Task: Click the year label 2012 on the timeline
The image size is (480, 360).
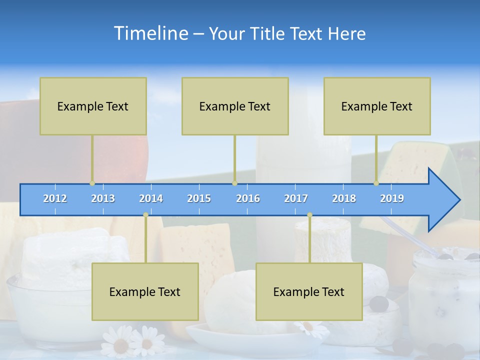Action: click(55, 198)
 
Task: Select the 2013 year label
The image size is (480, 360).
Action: click(103, 198)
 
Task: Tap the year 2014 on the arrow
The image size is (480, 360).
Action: click(151, 198)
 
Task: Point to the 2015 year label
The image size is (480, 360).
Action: click(199, 198)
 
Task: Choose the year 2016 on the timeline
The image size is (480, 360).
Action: click(248, 198)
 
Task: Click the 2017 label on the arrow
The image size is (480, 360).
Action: click(296, 198)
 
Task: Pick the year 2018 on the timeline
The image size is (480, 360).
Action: click(344, 198)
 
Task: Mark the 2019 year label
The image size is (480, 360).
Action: click(392, 198)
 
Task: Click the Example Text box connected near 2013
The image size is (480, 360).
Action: click(93, 106)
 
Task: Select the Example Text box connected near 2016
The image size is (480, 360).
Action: click(235, 106)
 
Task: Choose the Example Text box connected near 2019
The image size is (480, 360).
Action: click(377, 106)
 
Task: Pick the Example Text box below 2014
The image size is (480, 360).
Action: click(145, 291)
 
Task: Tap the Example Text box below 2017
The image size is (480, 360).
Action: click(309, 291)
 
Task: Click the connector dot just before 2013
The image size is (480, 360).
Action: click(92, 183)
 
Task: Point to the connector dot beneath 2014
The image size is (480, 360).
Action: click(145, 215)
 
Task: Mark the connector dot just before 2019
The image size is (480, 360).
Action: click(376, 183)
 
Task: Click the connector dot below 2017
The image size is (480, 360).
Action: click(309, 215)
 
